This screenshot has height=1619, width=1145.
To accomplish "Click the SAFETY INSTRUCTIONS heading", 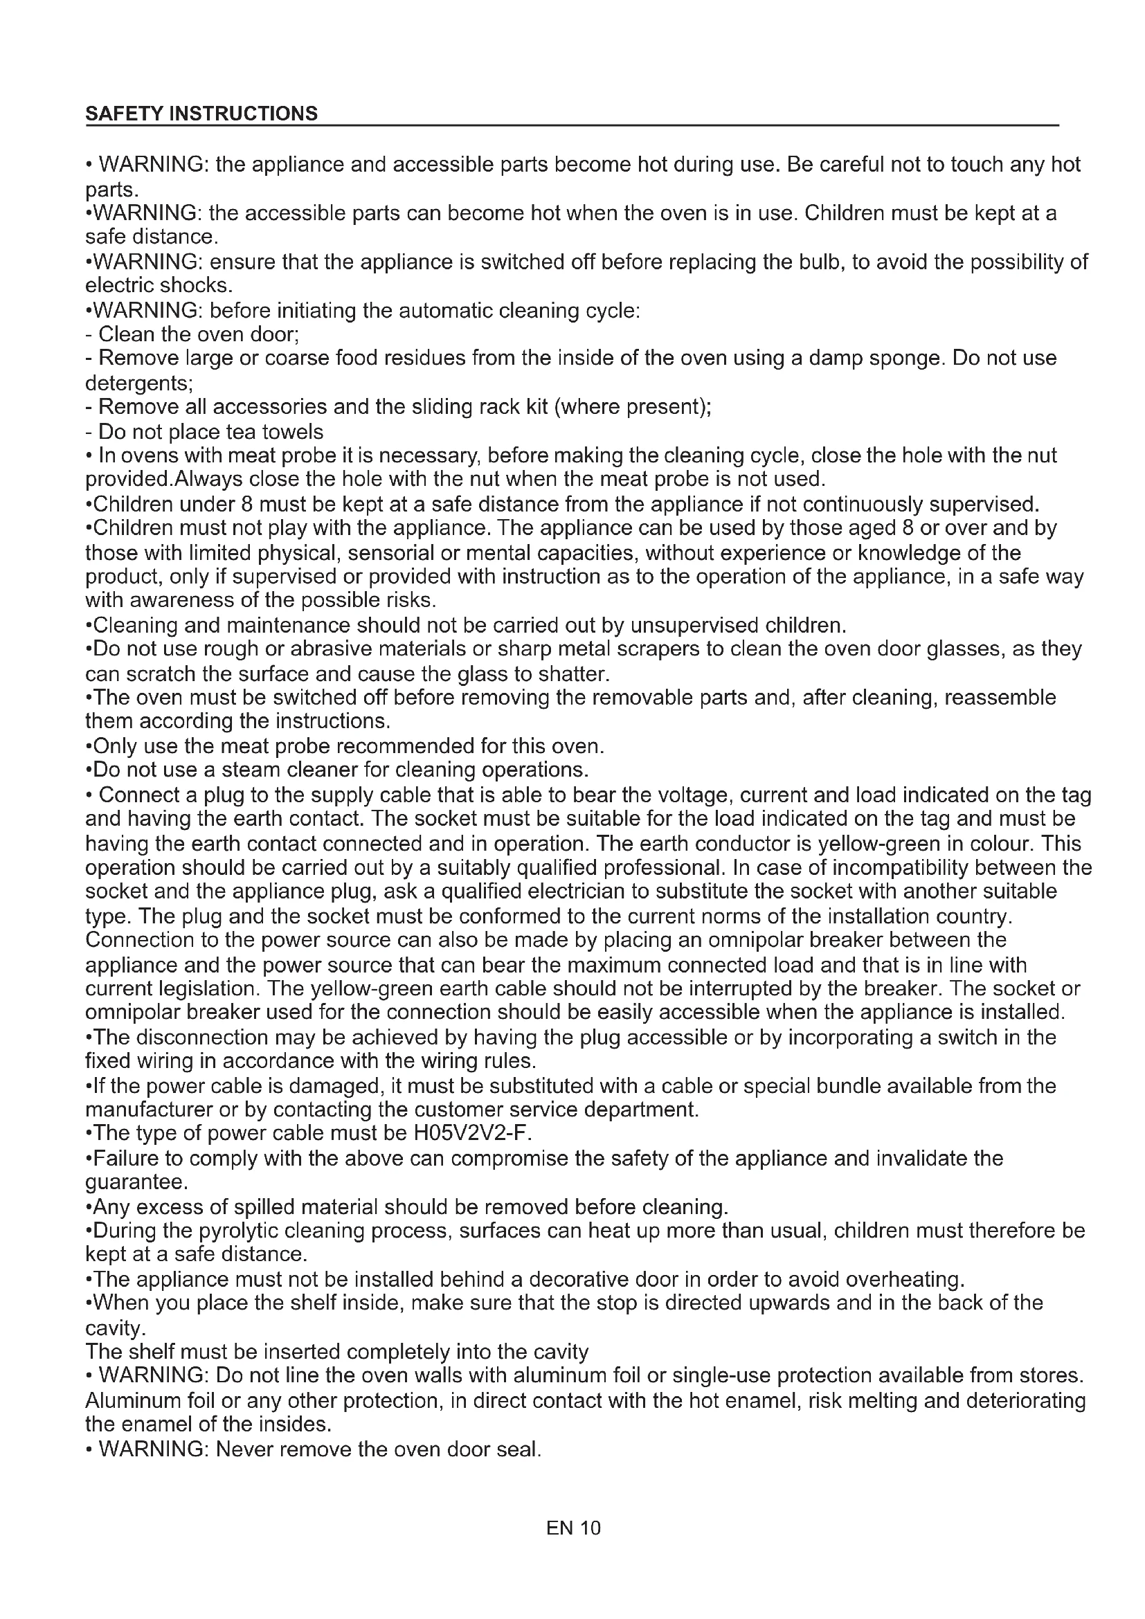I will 201,114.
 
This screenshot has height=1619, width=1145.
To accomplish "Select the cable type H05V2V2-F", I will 471,1133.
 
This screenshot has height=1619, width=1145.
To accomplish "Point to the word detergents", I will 138,383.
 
